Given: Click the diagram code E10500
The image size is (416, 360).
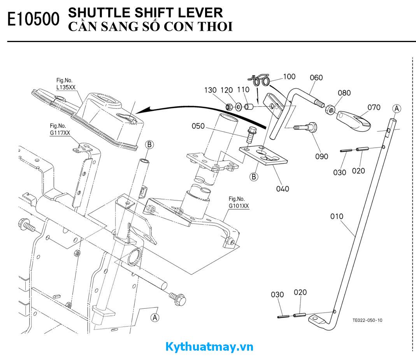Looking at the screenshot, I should point(33,19).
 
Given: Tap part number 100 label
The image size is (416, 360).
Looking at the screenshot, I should point(289,77).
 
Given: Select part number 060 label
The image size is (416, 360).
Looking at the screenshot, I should point(316,77).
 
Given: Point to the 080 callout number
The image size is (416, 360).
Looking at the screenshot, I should point(344,93).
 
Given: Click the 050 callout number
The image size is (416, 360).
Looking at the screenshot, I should point(198,126).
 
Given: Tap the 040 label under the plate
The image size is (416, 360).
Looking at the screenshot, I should point(283,189).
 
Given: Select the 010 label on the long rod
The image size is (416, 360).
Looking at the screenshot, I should point(337,216).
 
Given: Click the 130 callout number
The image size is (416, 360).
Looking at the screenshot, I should point(210,90).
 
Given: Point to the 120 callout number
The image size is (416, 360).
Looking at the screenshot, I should point(226,90).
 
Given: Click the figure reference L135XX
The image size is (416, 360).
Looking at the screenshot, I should point(66,88).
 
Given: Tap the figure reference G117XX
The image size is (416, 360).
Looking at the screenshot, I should point(60,133).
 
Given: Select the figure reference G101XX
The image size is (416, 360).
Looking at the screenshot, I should point(238,206).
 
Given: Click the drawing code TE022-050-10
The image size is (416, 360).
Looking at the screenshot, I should point(367,320).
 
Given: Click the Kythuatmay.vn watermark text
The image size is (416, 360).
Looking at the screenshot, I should point(209,346).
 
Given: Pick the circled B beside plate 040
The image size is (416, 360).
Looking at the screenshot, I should point(254,177).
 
